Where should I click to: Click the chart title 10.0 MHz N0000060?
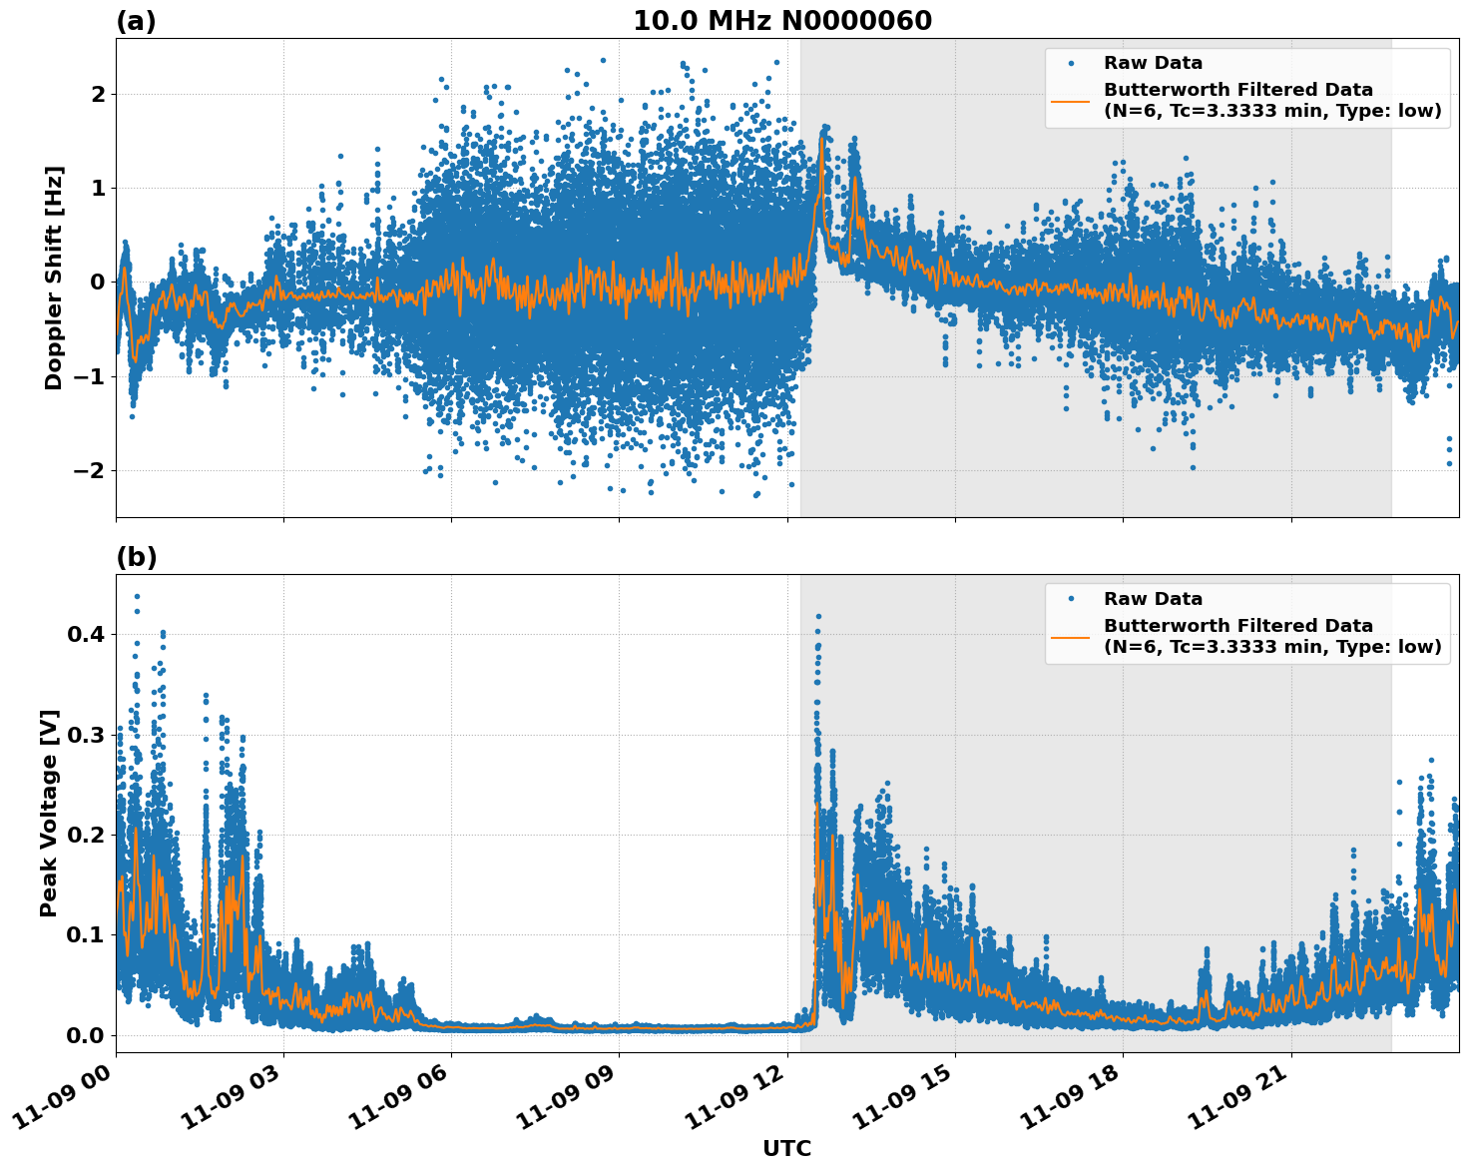pyautogui.click(x=782, y=21)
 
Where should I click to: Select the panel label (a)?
pyautogui.click(x=136, y=21)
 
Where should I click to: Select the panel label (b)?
pyautogui.click(x=136, y=557)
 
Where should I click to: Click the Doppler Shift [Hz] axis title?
pyautogui.click(x=54, y=278)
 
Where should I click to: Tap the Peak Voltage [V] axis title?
pyautogui.click(x=49, y=813)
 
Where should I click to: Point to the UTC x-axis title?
pyautogui.click(x=786, y=1148)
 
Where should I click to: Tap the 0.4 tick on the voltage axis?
pyautogui.click(x=86, y=634)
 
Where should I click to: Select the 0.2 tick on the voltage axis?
pyautogui.click(x=86, y=835)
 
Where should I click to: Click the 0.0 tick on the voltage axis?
pyautogui.click(x=86, y=1035)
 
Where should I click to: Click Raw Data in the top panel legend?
pyautogui.click(x=1153, y=63)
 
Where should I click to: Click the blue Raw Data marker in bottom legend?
pyautogui.click(x=1071, y=599)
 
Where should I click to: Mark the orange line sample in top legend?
pyautogui.click(x=1071, y=100)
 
